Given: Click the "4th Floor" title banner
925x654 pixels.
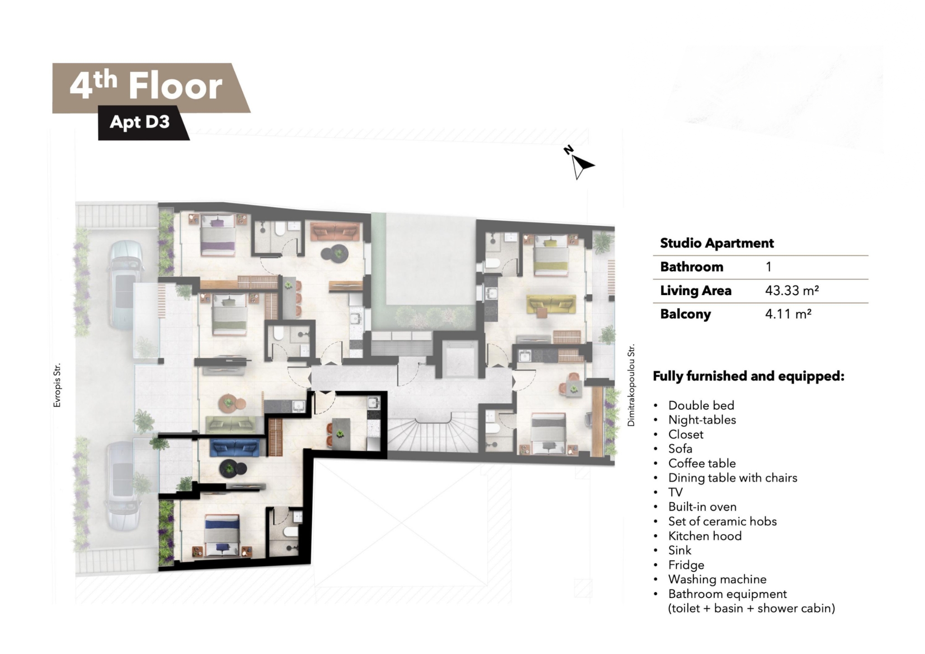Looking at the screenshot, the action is coord(151,88).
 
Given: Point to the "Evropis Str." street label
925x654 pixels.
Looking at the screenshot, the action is coord(57,386).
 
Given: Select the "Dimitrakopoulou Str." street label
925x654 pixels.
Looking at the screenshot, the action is coord(631,385).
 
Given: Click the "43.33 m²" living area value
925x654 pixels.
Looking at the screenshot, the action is coord(792,291).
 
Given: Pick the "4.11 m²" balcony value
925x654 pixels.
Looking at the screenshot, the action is coord(788,314).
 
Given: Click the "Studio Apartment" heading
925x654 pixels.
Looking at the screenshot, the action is coord(717,243).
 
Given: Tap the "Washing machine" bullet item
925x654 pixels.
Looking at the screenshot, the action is coord(717,579).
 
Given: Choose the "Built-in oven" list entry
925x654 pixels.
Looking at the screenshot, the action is coord(702,507).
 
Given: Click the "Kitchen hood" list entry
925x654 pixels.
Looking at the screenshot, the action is coord(705,536).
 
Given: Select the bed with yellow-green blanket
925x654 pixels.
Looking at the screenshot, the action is coord(551,256).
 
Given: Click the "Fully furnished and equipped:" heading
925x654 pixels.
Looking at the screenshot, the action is coord(748,376).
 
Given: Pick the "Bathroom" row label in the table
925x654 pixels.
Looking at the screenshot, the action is coord(691,267).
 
